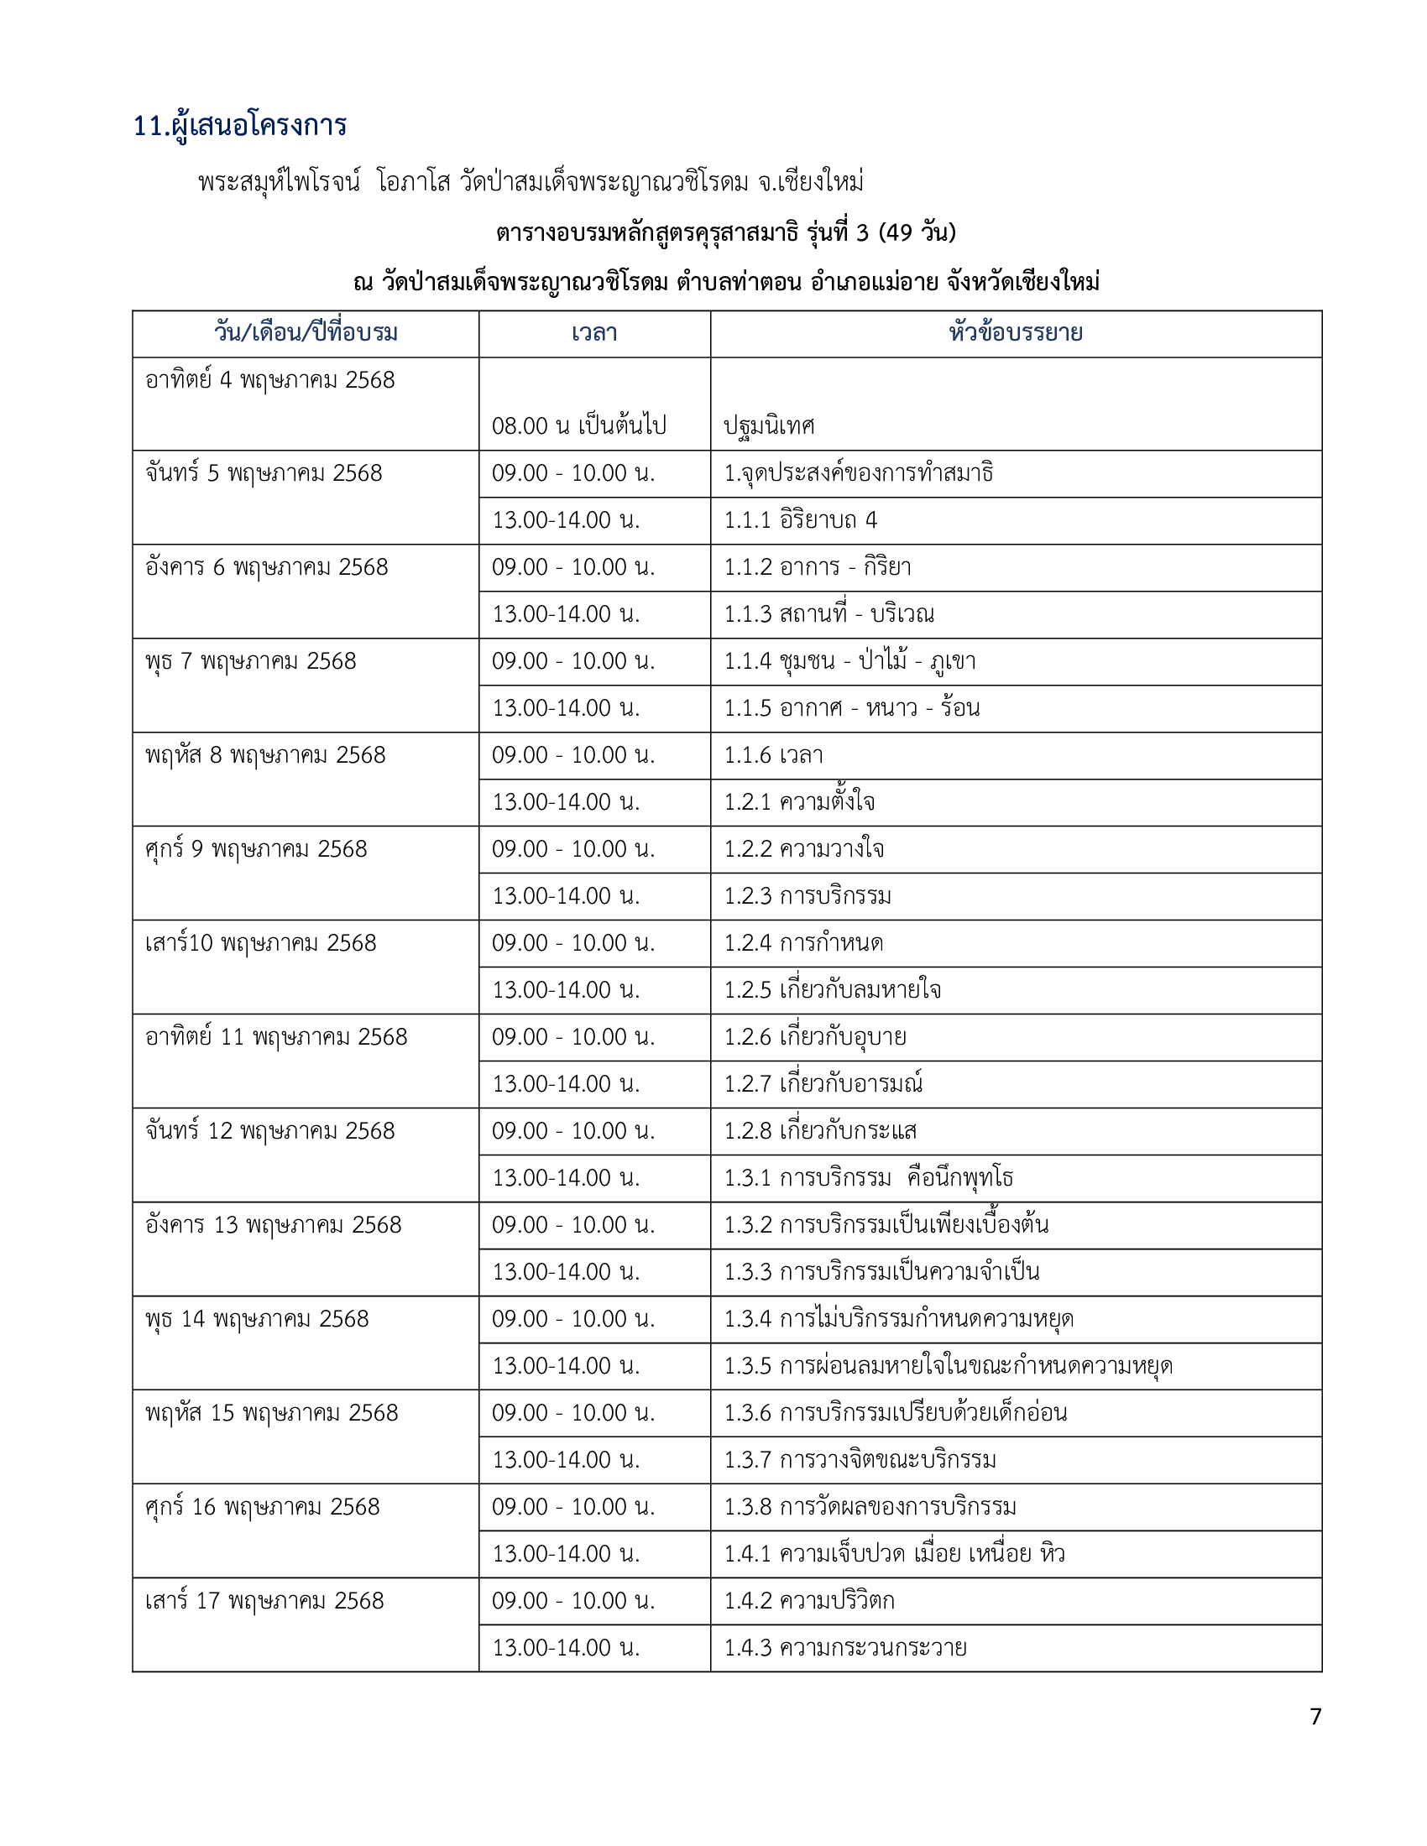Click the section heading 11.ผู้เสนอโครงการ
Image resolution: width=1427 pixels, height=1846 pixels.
tap(240, 126)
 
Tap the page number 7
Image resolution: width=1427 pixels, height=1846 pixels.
tap(1315, 1716)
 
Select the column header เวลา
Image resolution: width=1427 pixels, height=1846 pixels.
tap(594, 333)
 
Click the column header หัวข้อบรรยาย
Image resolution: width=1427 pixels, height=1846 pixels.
tap(1016, 333)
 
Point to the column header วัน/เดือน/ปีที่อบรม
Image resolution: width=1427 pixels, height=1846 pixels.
tap(306, 333)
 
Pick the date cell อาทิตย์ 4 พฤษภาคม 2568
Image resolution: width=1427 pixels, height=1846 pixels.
tap(270, 380)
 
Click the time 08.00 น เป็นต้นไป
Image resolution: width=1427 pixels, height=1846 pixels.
tap(579, 425)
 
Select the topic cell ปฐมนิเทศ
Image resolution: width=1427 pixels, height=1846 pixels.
tap(769, 425)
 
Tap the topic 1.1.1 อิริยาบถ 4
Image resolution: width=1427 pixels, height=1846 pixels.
tap(801, 520)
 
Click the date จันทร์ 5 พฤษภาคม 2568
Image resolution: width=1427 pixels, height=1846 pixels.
tap(264, 473)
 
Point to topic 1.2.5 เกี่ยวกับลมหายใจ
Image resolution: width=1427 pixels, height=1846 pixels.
tap(833, 990)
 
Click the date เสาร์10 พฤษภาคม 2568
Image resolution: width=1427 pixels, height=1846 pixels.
tap(260, 943)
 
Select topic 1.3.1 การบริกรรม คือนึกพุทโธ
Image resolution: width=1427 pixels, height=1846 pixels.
tap(868, 1177)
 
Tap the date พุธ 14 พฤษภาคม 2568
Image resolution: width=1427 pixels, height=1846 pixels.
tap(257, 1318)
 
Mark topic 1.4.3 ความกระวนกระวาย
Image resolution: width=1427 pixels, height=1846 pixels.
tap(845, 1647)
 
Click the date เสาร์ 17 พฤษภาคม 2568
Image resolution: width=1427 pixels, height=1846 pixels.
tap(264, 1601)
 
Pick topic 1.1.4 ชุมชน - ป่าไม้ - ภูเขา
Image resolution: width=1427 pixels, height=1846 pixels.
tap(849, 661)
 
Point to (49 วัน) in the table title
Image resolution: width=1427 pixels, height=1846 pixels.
tap(917, 232)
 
